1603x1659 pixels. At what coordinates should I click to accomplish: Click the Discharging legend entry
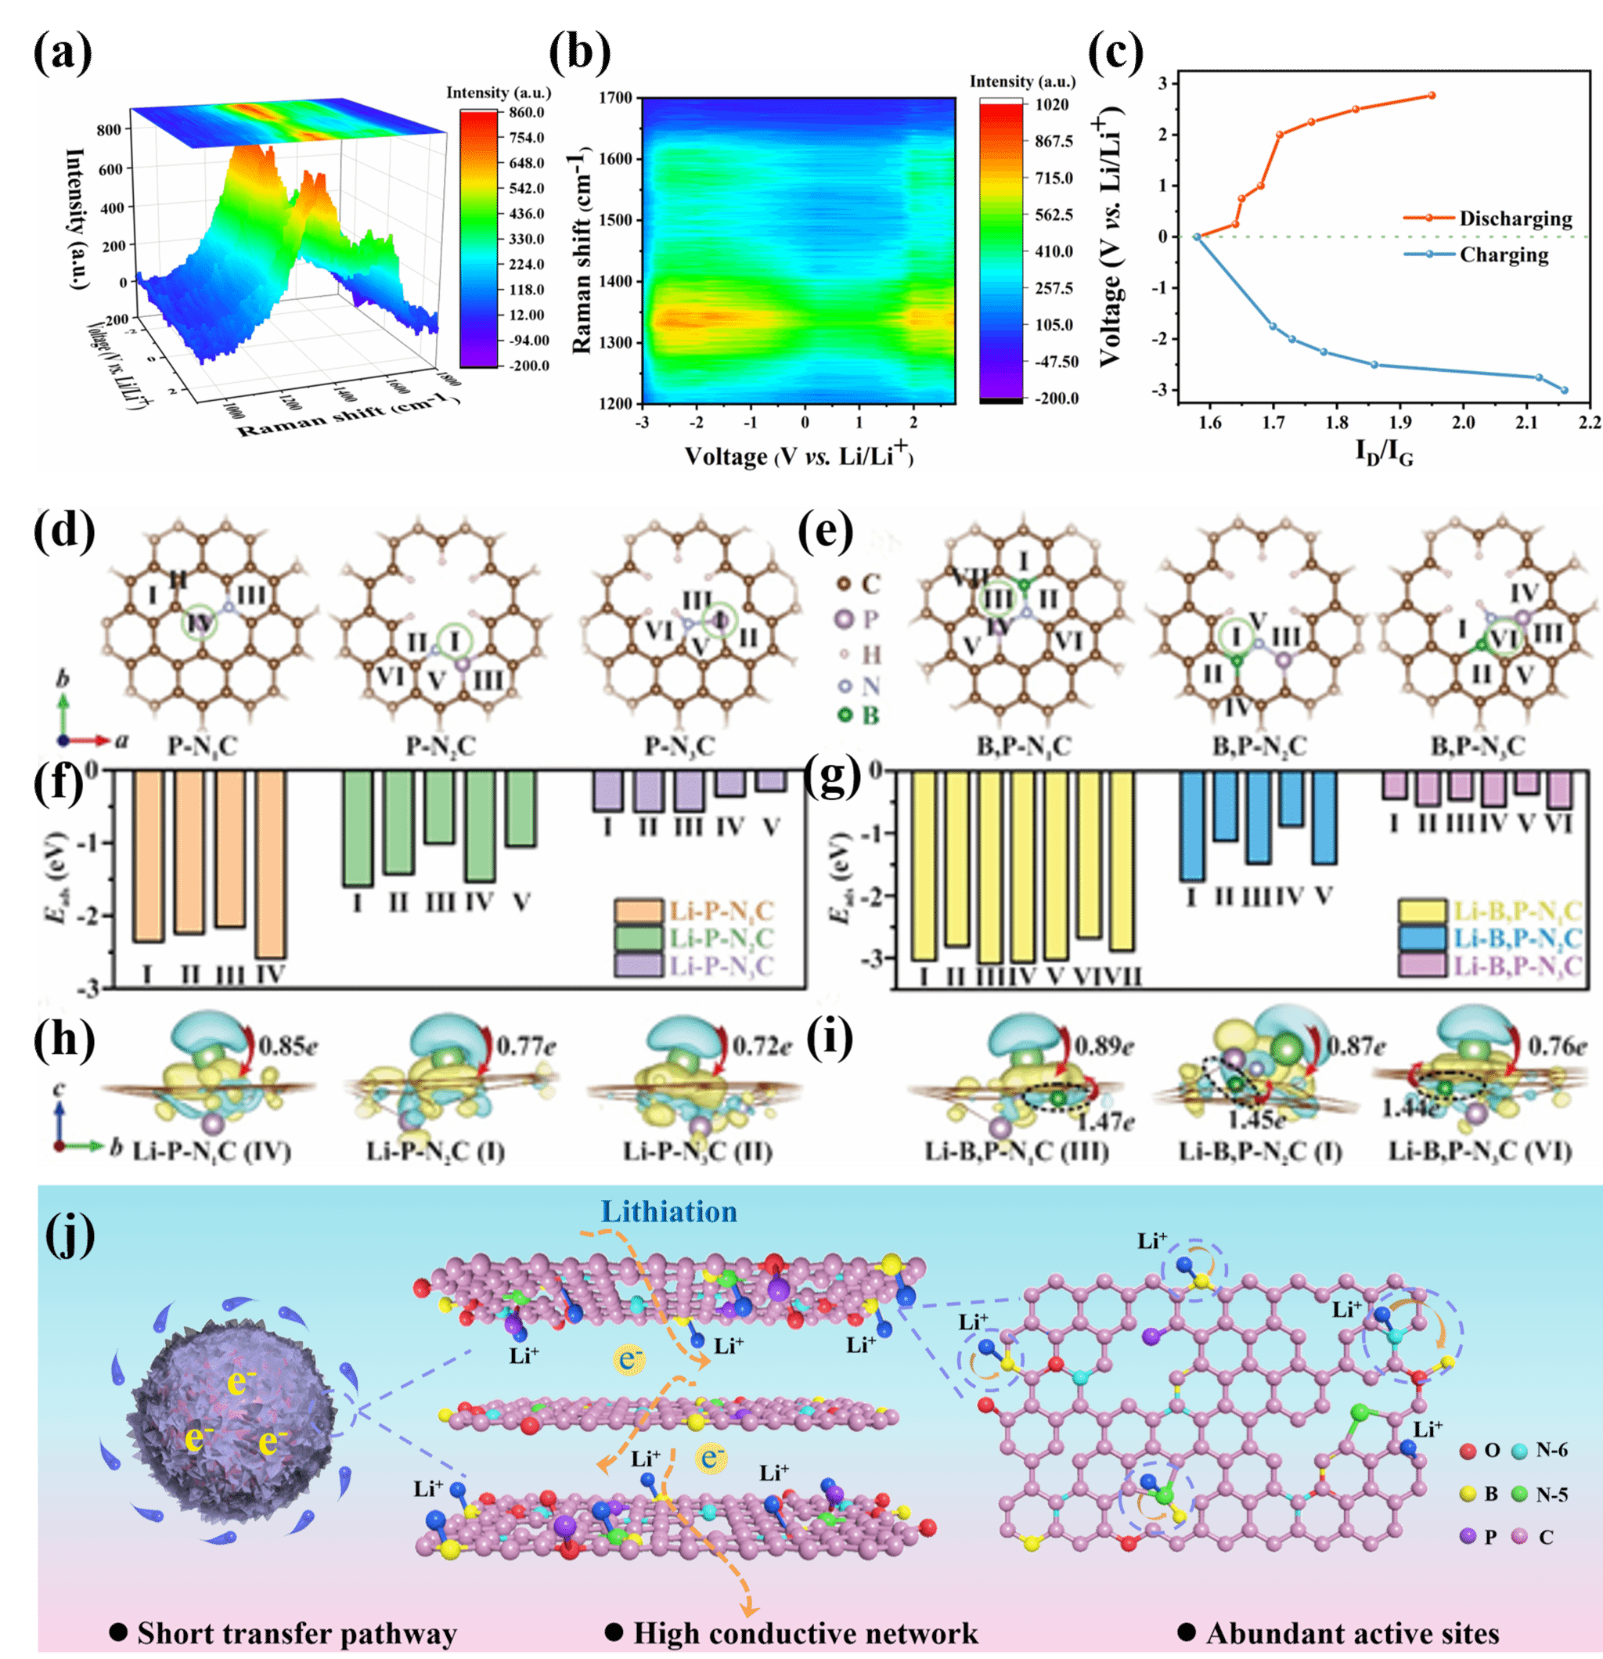tap(1515, 218)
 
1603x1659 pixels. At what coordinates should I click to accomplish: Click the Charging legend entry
tap(1504, 254)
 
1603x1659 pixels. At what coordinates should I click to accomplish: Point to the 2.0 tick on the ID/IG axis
tap(1464, 422)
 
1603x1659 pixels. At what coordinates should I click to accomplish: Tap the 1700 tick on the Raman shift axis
tap(615, 98)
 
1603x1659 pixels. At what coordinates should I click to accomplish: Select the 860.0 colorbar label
tap(527, 113)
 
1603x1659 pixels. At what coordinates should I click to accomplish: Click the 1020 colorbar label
tap(1052, 105)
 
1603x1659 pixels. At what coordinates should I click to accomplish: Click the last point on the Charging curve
tap(1564, 390)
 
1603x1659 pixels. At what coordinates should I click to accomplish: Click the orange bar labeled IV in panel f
tap(271, 864)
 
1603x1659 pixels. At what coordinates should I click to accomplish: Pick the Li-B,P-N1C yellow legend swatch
tap(1422, 911)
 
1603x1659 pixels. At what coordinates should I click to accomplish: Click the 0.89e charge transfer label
tap(1104, 1046)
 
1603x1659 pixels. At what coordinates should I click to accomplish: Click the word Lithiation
tap(668, 1212)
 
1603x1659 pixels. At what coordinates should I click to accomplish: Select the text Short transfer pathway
tap(296, 1632)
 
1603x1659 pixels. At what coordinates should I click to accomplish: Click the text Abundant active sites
tap(1352, 1632)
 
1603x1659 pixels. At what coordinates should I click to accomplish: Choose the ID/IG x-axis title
tap(1384, 453)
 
